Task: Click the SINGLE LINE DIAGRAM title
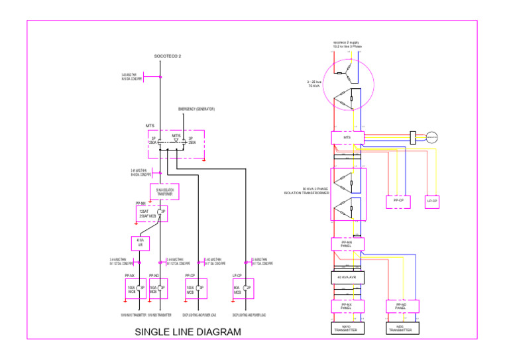point(188,332)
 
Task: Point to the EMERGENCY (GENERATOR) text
point(196,109)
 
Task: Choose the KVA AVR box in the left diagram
point(141,243)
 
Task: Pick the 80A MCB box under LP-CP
point(243,289)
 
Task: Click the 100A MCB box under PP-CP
point(196,289)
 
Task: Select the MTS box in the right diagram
point(347,138)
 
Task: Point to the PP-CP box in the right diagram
point(398,201)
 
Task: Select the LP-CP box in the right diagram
point(432,201)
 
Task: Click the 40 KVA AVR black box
point(347,277)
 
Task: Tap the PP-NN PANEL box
point(347,244)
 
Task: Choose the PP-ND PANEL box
point(400,306)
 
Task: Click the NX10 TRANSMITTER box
point(347,328)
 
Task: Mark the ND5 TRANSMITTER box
point(400,328)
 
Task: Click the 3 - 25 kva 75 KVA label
point(314,84)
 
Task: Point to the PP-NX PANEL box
point(347,306)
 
